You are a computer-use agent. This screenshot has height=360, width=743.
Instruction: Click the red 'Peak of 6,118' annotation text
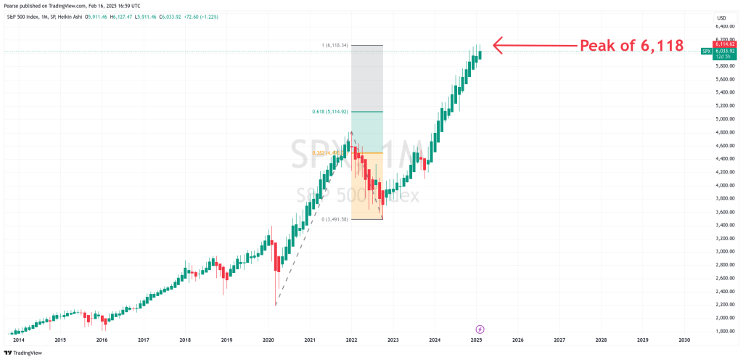631,46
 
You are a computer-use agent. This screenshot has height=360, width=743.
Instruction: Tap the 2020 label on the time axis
268,339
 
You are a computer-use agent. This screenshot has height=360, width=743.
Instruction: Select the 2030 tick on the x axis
684,339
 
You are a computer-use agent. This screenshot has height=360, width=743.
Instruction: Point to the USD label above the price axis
721,17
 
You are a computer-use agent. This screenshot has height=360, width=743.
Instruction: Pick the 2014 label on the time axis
19,339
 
